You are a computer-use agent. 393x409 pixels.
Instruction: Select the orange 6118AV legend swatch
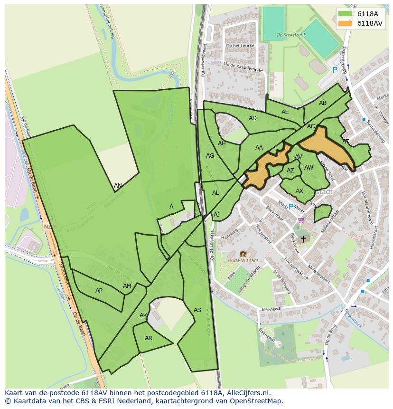coord(345,23)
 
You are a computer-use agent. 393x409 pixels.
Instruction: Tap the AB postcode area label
coord(323,103)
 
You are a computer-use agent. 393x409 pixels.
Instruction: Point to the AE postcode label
coord(285,112)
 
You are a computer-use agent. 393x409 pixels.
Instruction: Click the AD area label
coord(253,118)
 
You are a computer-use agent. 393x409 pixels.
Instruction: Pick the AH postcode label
coord(222,143)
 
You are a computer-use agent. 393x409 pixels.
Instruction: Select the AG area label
coord(210,156)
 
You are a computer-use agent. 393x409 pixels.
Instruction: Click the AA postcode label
coord(259,148)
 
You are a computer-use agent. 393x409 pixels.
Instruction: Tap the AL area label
coord(215,193)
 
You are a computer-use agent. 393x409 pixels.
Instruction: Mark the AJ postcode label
coord(216,215)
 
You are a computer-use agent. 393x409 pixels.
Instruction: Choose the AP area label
coord(99,291)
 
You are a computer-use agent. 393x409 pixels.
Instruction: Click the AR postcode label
coord(149,338)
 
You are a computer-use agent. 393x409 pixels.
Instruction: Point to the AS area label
coord(197,310)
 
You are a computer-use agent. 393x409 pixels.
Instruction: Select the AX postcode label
coord(299,191)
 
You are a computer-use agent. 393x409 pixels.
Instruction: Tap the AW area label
coord(309,168)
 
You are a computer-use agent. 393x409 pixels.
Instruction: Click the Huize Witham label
coord(243,260)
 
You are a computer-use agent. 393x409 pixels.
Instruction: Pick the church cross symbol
coord(303,239)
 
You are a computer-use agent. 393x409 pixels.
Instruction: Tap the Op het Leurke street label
coord(240,46)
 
